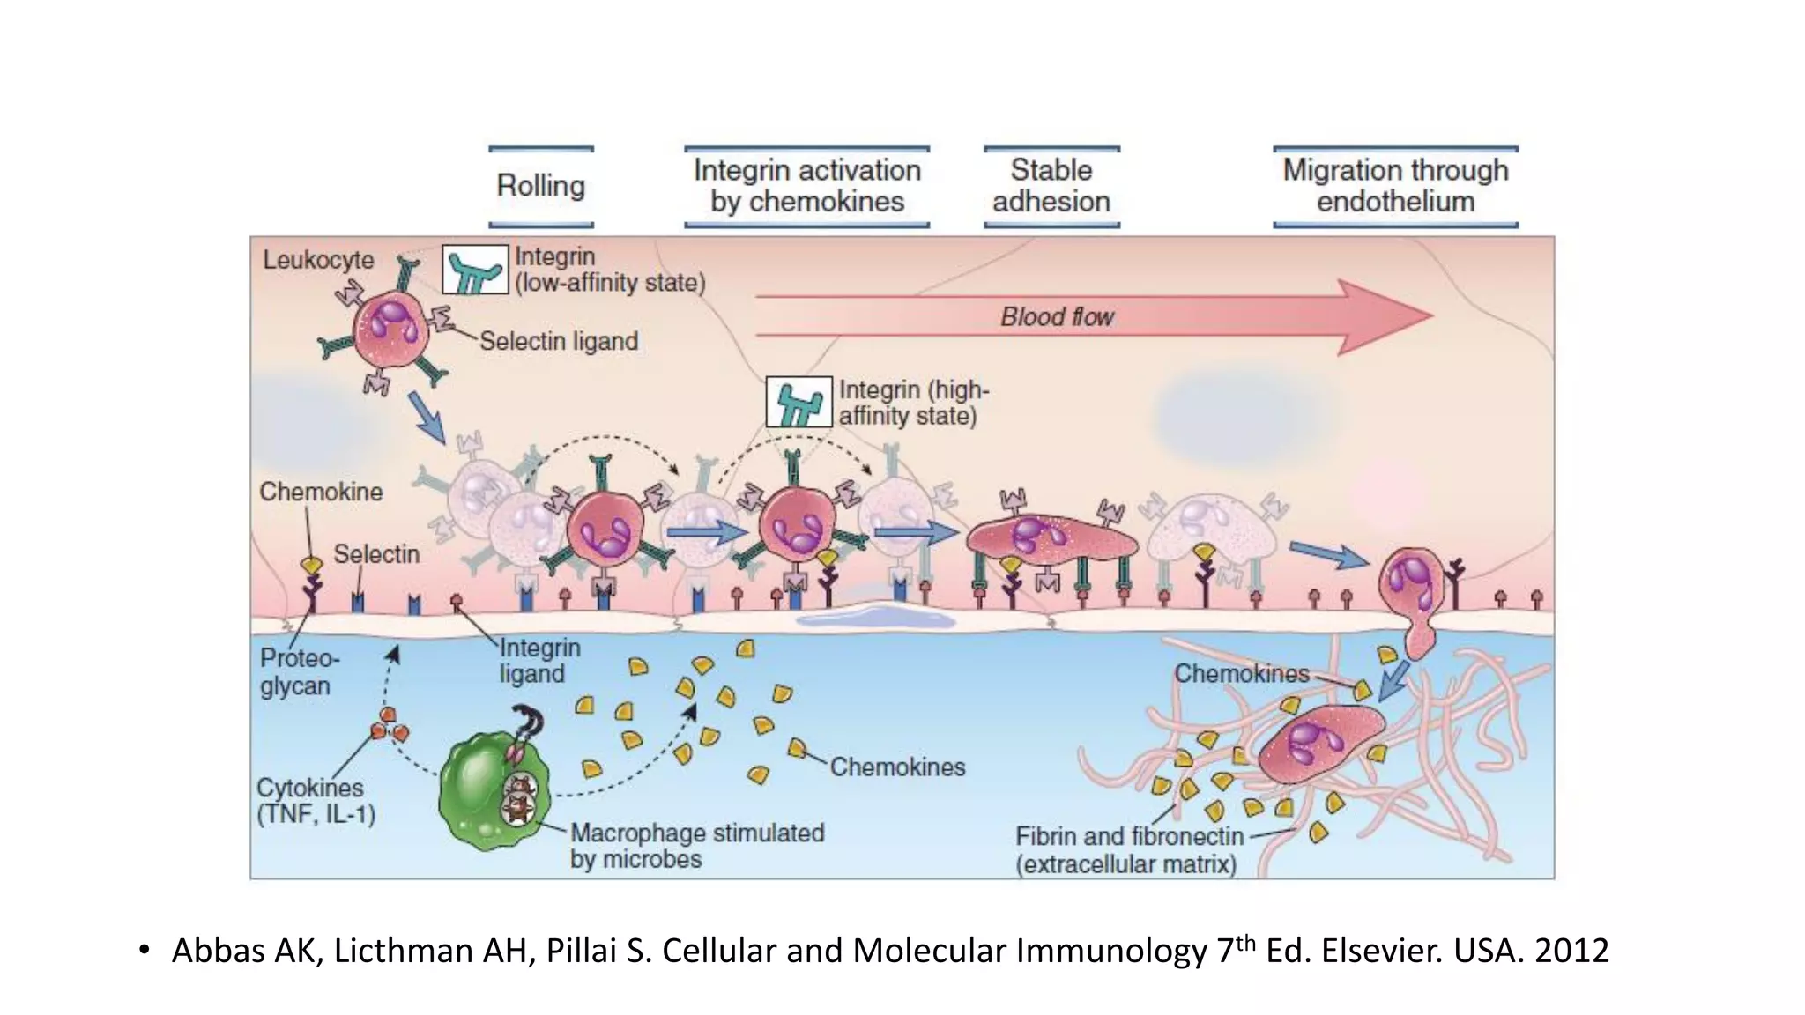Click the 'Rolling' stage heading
point(541,186)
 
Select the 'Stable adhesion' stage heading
point(1051,186)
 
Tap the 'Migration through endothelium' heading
point(1395,186)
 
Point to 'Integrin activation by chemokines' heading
point(806,186)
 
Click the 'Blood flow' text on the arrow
point(1057,317)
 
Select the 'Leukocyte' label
point(318,260)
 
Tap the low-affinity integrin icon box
point(475,270)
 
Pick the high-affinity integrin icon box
point(799,403)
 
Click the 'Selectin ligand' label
point(559,342)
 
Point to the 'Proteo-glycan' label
point(298,671)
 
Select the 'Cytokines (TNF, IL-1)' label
point(315,800)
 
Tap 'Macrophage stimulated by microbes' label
point(696,846)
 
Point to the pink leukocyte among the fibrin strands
point(1318,741)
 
